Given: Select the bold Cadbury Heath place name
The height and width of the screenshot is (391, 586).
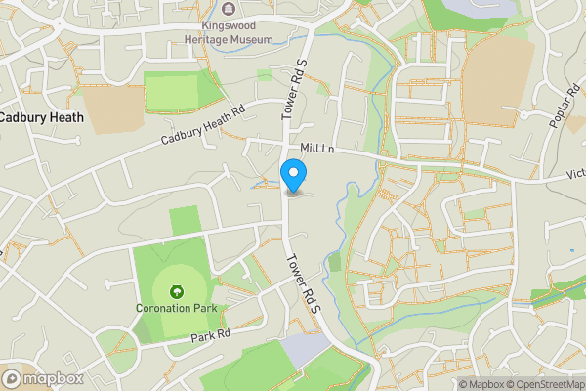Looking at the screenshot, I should pos(40,117).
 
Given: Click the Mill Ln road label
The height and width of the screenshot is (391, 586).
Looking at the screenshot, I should pos(316,148).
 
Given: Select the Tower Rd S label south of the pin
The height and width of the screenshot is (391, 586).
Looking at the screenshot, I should pos(299,283).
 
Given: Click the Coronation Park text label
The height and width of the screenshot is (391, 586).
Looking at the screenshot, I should pos(177,310).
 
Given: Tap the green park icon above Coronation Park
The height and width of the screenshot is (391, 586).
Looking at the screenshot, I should pos(177,291).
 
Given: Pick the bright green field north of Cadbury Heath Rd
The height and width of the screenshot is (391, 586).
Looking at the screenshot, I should pos(172,91).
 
